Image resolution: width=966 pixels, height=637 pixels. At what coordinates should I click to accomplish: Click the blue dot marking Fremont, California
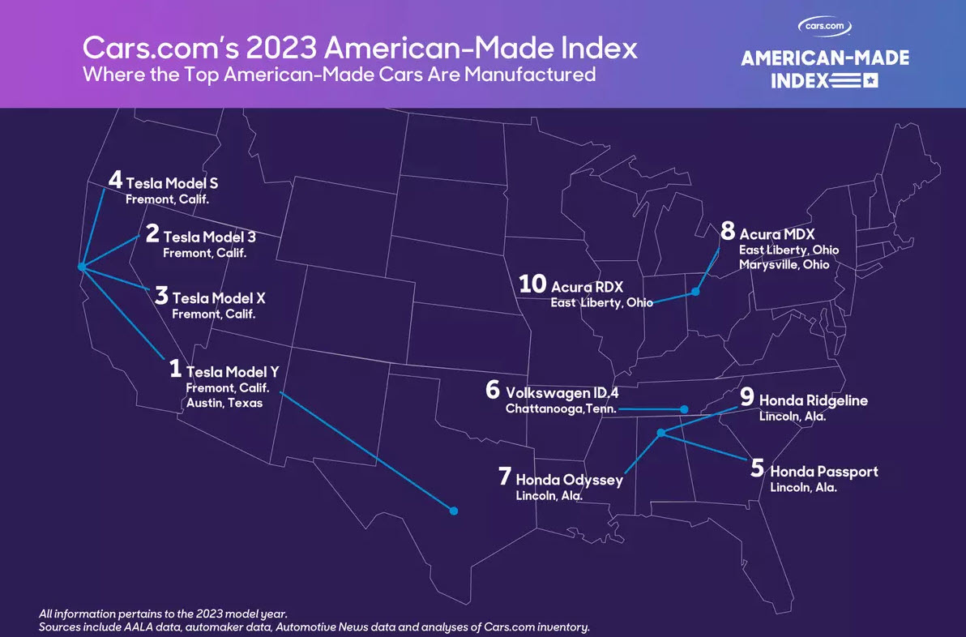pos(81,267)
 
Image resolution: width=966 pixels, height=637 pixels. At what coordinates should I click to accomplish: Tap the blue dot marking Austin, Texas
pos(454,511)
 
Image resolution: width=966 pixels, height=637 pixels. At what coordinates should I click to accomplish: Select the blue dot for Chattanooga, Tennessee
pos(685,409)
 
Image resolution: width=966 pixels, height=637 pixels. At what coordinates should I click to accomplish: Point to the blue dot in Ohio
pos(695,291)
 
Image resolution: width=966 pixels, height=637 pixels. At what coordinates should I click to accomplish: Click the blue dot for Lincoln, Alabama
pos(661,433)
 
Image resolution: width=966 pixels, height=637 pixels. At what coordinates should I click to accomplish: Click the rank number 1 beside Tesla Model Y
pos(175,370)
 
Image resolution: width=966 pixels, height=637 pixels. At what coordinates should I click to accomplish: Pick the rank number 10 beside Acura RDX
pos(533,284)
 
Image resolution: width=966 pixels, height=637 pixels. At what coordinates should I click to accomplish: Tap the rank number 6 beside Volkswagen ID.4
pos(493,389)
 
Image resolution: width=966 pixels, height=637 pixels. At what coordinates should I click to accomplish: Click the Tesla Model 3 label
pos(209,237)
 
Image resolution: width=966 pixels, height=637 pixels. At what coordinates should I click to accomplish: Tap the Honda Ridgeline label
pos(813,400)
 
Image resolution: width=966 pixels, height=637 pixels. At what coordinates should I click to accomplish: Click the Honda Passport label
pos(823,471)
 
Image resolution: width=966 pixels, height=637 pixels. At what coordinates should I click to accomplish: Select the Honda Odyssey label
pos(569,480)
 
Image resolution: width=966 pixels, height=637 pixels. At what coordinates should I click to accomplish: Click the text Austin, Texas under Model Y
pos(224,403)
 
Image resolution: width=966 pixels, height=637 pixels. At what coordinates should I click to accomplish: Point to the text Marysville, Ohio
pos(784,264)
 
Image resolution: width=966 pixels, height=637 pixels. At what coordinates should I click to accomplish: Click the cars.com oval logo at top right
pos(825,26)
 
